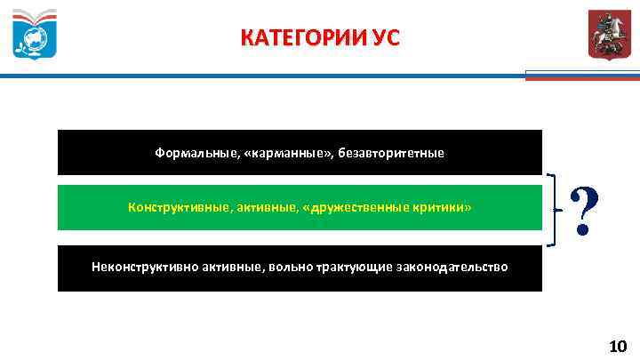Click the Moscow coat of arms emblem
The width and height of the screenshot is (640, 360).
pyautogui.click(x=606, y=36)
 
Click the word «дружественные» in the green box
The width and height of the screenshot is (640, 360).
pyautogui.click(x=356, y=207)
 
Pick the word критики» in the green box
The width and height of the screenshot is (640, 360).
pyautogui.click(x=442, y=207)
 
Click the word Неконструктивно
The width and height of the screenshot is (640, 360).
pyautogui.click(x=146, y=267)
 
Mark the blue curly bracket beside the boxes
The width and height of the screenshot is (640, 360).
pyautogui.click(x=556, y=210)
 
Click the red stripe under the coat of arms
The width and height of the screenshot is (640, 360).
pyautogui.click(x=582, y=78)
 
